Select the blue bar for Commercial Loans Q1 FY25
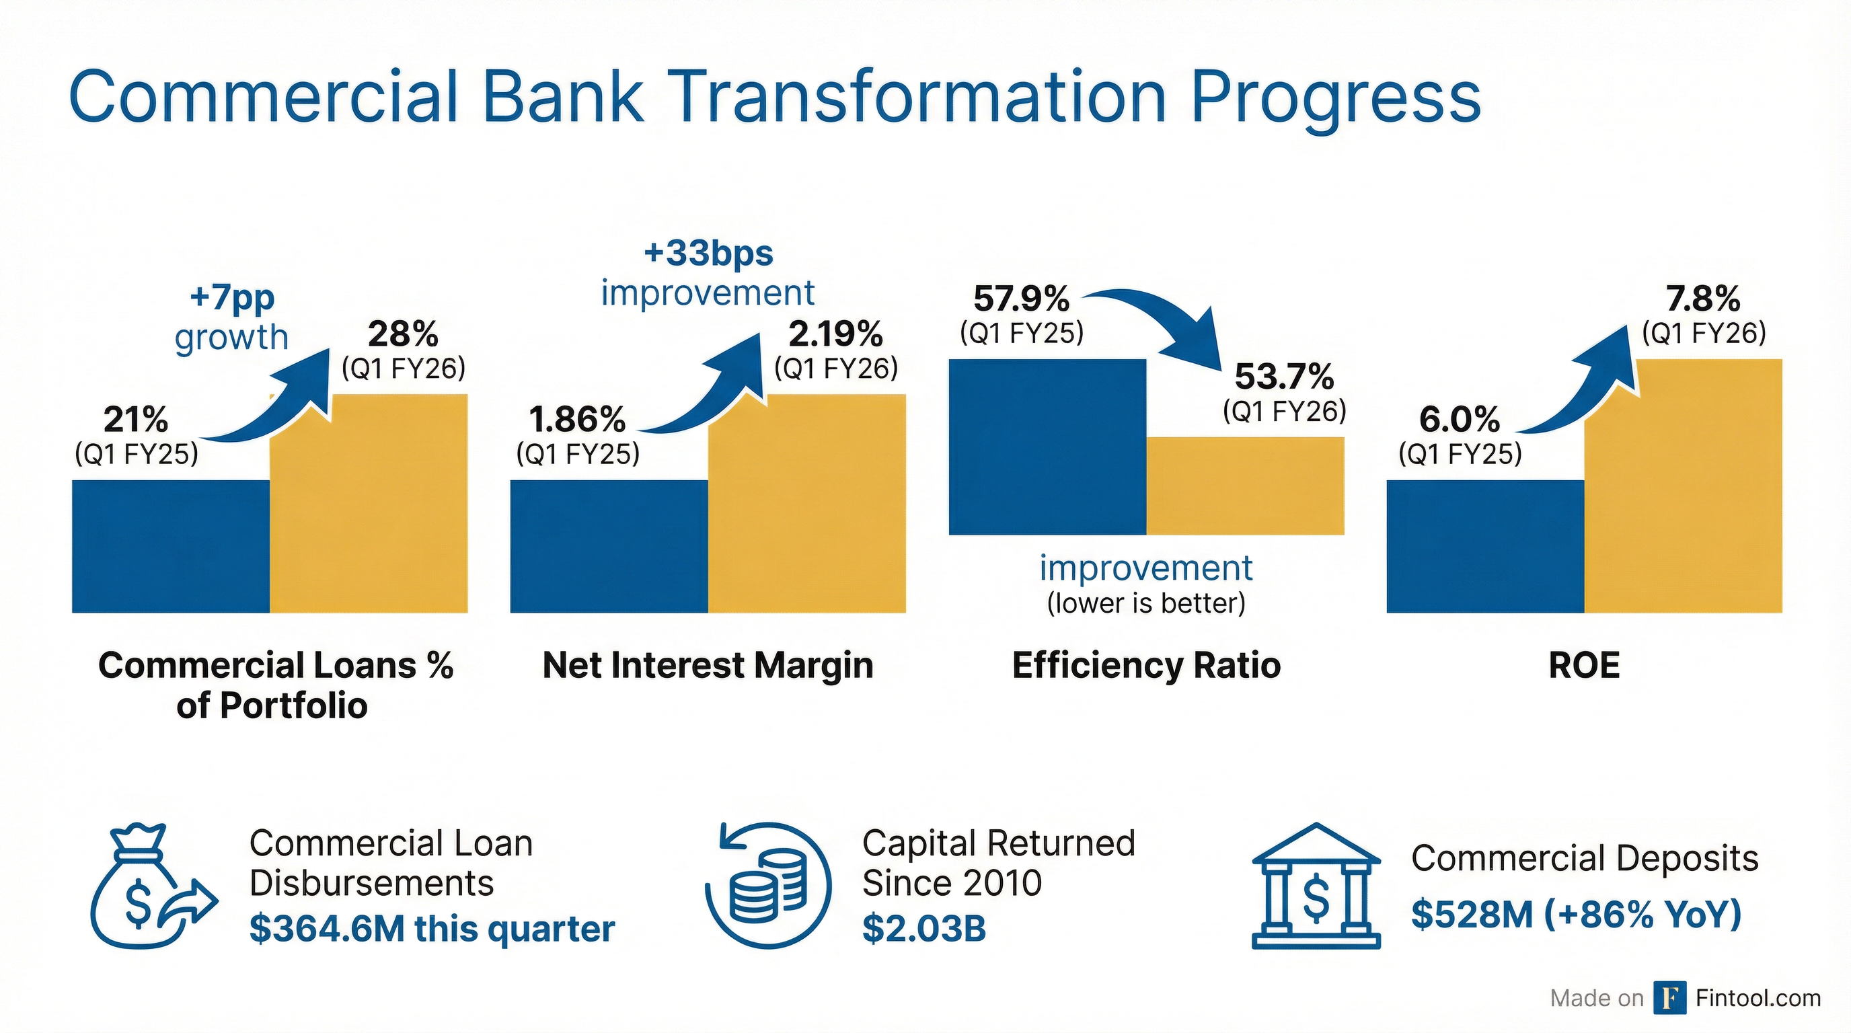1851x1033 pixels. tap(171, 546)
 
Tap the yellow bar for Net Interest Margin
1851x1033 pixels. tap(807, 504)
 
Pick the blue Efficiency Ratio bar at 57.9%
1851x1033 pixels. tap(1048, 447)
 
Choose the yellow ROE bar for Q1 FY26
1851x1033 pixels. tap(1683, 486)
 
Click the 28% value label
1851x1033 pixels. tap(403, 334)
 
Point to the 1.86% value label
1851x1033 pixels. tap(577, 420)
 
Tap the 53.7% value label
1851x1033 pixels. tap(1284, 377)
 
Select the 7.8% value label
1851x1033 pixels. tap(1704, 299)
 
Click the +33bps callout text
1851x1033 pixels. tap(708, 254)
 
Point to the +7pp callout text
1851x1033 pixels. tap(232, 297)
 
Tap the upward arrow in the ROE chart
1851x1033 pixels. tap(1581, 381)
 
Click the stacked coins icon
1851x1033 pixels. tap(768, 886)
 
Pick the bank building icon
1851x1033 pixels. tap(1316, 886)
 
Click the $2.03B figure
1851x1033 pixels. tap(924, 929)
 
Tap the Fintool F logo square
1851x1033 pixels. tap(1670, 998)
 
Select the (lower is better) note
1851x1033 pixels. tap(1146, 603)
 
